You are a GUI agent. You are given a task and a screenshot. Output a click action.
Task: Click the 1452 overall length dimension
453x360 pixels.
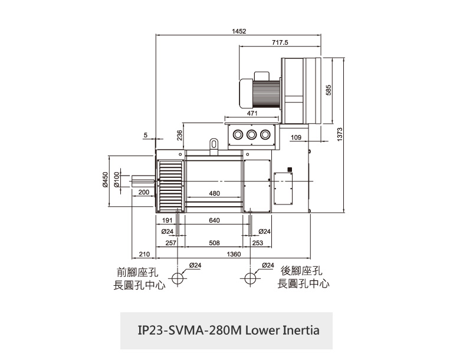(238, 31)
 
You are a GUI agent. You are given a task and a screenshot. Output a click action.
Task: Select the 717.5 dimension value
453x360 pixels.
(280, 42)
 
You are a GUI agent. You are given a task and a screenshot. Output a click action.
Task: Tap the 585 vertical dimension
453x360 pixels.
(328, 90)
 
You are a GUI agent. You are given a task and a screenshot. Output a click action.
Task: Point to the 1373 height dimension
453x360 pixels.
(340, 135)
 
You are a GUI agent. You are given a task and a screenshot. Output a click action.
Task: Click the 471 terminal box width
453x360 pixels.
(252, 113)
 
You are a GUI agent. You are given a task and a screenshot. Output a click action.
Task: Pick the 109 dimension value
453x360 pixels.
(296, 137)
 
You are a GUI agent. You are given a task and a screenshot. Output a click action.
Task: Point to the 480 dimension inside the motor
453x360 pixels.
(214, 193)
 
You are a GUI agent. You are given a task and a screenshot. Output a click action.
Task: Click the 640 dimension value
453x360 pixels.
(214, 220)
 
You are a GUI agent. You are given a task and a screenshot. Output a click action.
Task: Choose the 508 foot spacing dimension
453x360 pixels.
(214, 242)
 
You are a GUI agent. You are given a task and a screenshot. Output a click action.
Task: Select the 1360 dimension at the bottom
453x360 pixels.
(234, 254)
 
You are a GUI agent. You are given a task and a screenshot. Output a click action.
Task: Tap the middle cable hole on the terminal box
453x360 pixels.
(252, 134)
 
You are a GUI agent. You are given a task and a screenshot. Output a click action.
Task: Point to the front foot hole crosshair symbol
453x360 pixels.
(177, 278)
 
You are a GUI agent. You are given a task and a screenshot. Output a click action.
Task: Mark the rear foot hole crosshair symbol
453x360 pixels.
(252, 278)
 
